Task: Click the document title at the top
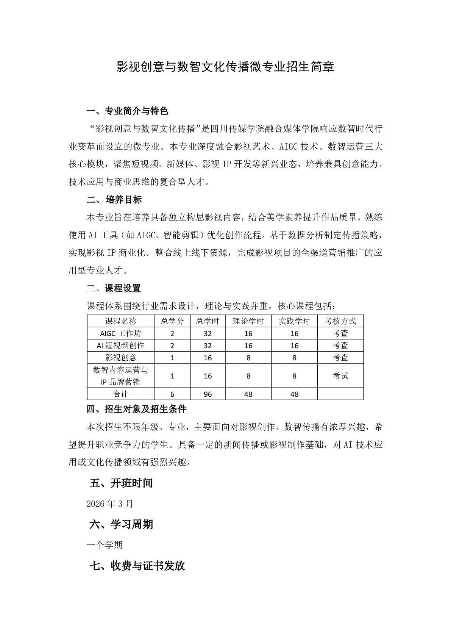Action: [225, 67]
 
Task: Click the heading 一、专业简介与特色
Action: [127, 111]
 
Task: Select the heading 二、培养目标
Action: [114, 200]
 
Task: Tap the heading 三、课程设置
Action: [114, 288]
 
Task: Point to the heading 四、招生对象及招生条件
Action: [136, 409]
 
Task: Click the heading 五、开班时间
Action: [121, 483]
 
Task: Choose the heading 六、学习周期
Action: [121, 524]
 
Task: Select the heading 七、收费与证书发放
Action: [137, 566]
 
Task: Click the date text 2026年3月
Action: [110, 504]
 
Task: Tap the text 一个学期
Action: [105, 545]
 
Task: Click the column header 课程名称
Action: [121, 321]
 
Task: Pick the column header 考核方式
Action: [340, 321]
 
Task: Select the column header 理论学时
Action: [248, 321]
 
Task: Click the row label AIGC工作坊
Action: [121, 333]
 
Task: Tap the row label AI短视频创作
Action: [121, 346]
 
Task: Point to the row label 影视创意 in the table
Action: [121, 358]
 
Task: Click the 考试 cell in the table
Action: [340, 376]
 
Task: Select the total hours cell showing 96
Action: [208, 394]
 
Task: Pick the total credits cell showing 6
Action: [173, 394]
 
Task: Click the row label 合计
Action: [121, 394]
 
